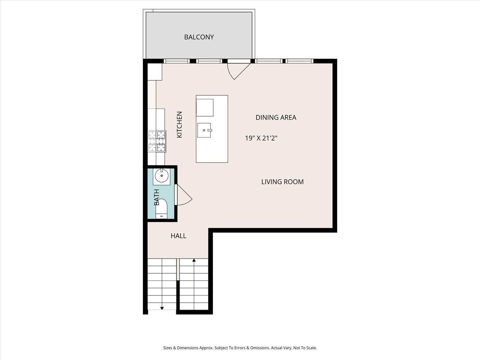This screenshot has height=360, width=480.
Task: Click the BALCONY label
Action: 199,37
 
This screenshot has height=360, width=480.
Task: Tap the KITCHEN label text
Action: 180,124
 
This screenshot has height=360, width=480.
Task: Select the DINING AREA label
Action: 276,117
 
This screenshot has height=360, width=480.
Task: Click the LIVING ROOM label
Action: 282,182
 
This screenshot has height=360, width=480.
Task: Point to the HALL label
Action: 178,236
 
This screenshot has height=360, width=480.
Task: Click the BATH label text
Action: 156,197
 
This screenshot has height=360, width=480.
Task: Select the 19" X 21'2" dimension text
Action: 261,138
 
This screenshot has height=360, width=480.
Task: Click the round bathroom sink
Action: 162,176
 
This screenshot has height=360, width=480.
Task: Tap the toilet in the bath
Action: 161,208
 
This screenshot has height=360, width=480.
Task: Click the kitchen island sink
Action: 204,130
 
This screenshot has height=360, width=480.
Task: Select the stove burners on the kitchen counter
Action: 157,141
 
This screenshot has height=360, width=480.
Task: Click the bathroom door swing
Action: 183,195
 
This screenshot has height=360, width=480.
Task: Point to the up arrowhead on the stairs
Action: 194,260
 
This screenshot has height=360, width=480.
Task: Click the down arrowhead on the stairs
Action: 162,308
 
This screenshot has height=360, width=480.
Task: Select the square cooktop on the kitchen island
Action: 205,108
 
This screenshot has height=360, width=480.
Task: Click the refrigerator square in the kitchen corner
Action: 155,72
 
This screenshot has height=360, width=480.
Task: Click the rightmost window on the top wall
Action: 299,61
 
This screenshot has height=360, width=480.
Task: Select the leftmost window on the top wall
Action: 176,61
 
